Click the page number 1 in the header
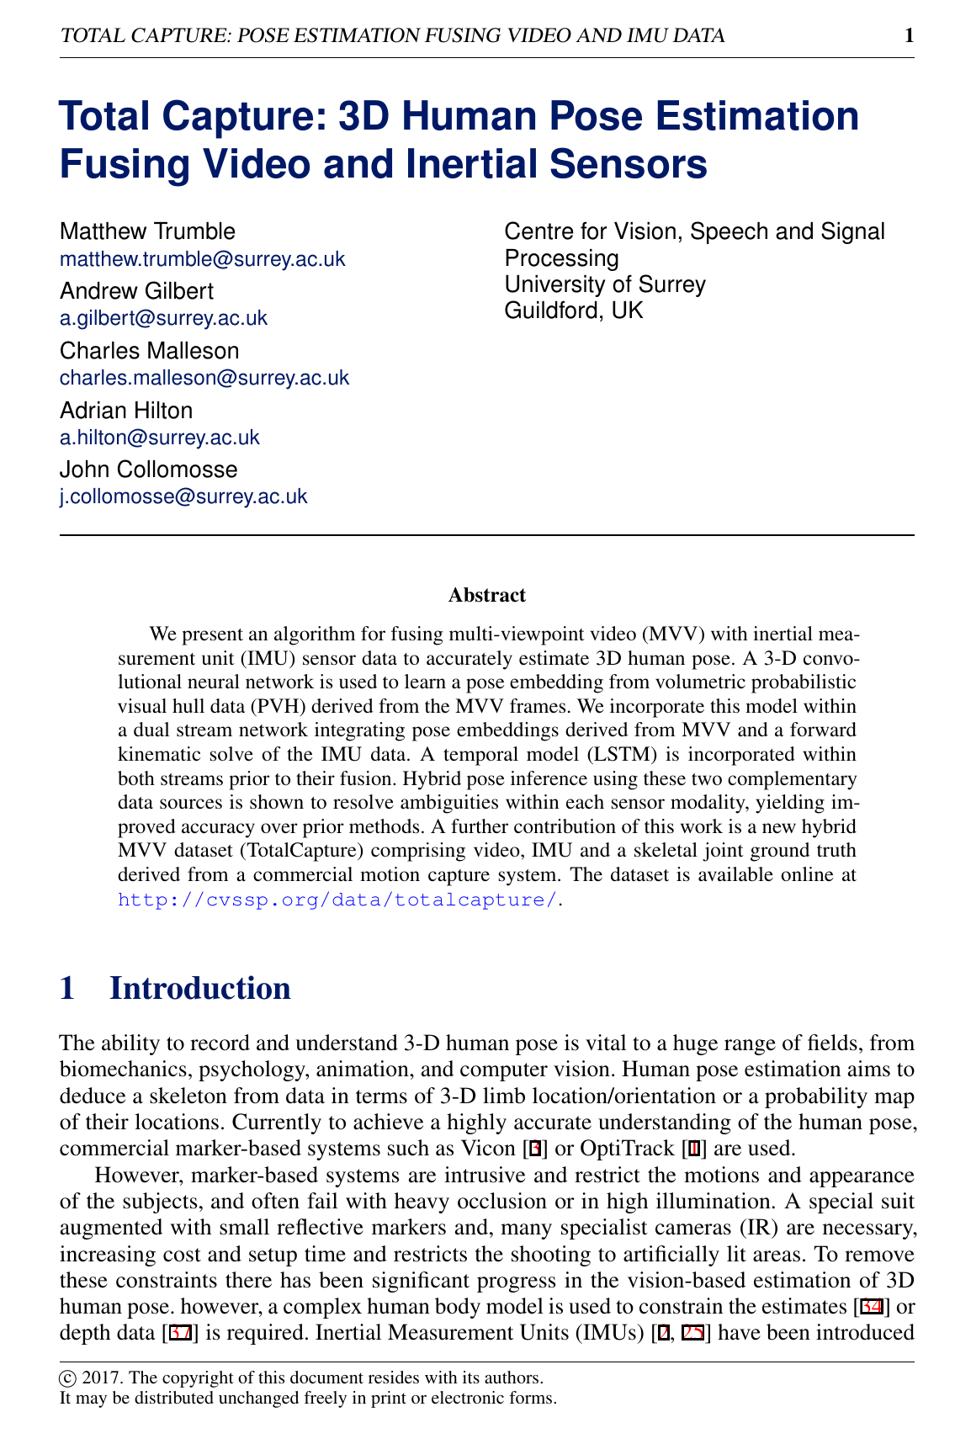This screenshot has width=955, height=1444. pyautogui.click(x=908, y=35)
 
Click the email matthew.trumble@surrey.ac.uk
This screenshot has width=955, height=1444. pyautogui.click(x=202, y=258)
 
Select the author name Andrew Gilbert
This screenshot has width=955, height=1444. pyautogui.click(x=136, y=291)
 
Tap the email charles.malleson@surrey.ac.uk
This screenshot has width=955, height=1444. pyautogui.click(x=204, y=378)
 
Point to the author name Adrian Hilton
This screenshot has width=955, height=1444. pyautogui.click(x=126, y=411)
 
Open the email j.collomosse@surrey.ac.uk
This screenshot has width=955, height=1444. pyautogui.click(x=183, y=496)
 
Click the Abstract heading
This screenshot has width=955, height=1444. pyautogui.click(x=487, y=596)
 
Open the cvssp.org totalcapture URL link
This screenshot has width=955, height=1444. pyautogui.click(x=337, y=900)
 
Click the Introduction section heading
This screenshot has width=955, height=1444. pyautogui.click(x=200, y=988)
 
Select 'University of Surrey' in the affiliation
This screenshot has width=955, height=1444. pyautogui.click(x=605, y=284)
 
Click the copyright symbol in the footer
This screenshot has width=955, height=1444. pyautogui.click(x=66, y=1378)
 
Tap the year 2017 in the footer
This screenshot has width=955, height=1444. pyautogui.click(x=94, y=1378)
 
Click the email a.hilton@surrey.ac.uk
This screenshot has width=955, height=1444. pyautogui.click(x=160, y=438)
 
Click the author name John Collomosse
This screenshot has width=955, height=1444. pyautogui.click(x=148, y=470)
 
